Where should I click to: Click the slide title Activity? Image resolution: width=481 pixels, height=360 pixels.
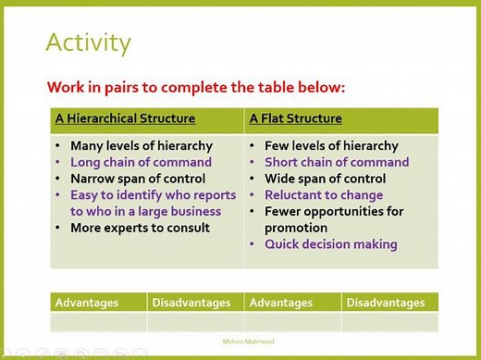[x=88, y=43]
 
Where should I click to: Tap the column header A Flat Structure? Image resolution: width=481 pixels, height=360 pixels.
[x=295, y=118]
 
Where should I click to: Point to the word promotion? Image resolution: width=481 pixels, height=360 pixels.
[x=296, y=228]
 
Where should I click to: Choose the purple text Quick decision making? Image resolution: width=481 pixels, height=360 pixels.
[x=330, y=244]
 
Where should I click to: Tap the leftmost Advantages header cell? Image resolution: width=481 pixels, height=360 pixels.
[x=88, y=303]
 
